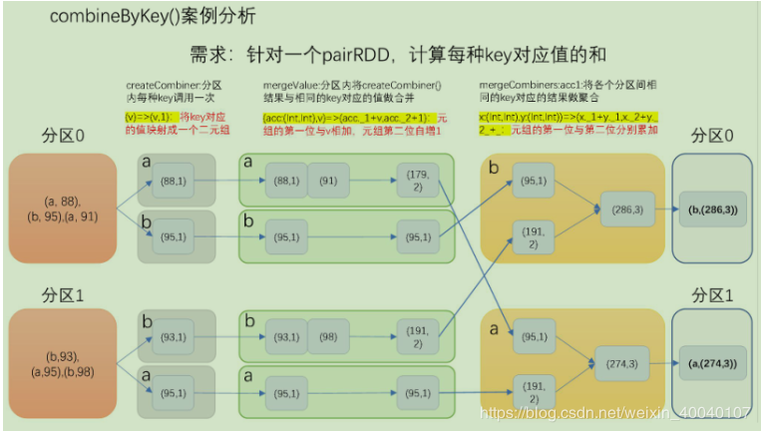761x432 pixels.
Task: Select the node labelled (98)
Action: (x=328, y=336)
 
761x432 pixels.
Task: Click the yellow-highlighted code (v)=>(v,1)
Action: (x=146, y=117)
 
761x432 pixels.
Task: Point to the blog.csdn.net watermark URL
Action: (x=614, y=412)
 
